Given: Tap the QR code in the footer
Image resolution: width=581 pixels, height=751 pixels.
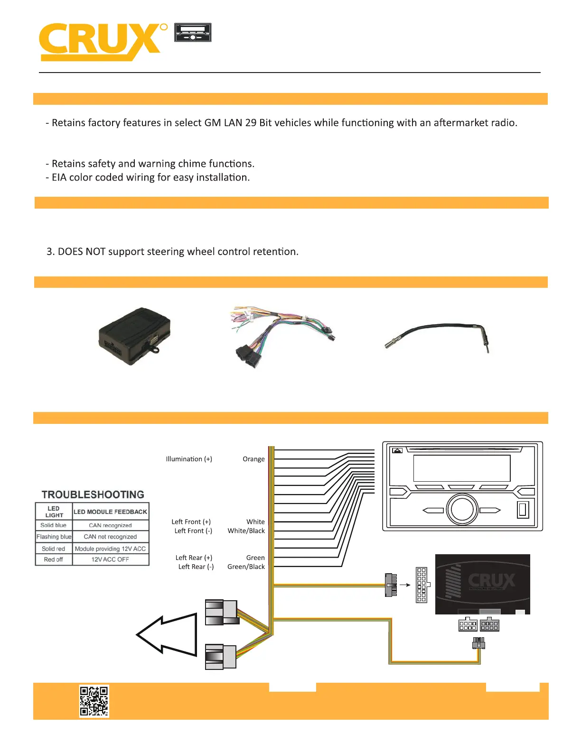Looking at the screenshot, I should [x=94, y=700].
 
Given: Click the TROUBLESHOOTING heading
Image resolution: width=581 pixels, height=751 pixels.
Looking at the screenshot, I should [x=93, y=495].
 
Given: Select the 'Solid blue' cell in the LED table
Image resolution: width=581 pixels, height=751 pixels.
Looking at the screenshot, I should [x=54, y=525].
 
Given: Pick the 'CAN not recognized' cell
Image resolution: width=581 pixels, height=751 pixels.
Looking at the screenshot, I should [x=110, y=537].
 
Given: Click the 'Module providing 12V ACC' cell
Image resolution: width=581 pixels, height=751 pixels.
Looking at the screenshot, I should [x=110, y=549].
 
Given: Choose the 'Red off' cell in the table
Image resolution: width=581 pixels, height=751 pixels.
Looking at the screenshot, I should [x=54, y=559].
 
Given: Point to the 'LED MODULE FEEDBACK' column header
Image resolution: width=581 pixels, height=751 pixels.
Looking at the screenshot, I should [x=110, y=512].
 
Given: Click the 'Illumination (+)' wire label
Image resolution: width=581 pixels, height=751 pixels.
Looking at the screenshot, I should [x=189, y=459].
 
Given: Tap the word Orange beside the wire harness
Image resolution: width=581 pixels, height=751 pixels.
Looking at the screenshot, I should [x=253, y=459].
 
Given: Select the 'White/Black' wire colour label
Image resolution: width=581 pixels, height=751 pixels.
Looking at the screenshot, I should [x=246, y=531].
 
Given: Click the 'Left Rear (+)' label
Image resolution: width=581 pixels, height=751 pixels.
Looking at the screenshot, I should [x=194, y=558].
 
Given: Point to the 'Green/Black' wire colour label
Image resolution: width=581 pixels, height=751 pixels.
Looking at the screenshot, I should [x=246, y=567].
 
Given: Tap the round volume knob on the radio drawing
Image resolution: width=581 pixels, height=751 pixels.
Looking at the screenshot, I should [x=462, y=509].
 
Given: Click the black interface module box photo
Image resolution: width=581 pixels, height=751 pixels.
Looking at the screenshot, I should [x=134, y=336].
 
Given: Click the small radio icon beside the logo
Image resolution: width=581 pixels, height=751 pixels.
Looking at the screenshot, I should [x=193, y=32].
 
